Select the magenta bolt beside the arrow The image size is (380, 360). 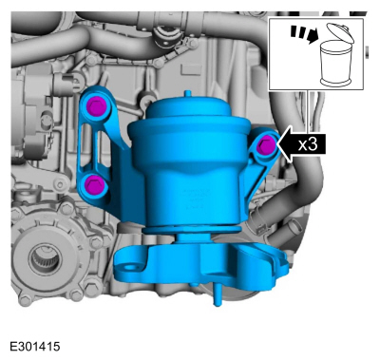click(265, 145)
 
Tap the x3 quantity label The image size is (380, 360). click(308, 145)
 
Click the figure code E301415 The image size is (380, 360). click(35, 346)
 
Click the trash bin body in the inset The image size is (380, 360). click(336, 64)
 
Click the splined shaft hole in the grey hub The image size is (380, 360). click(44, 257)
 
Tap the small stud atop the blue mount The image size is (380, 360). click(188, 94)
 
